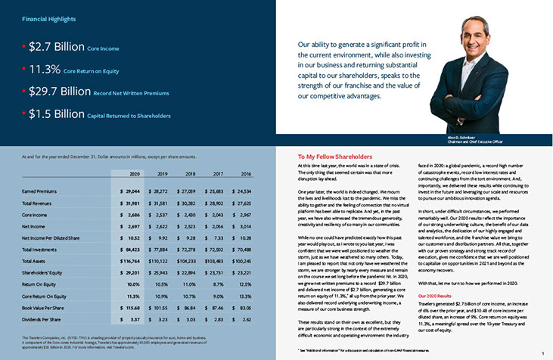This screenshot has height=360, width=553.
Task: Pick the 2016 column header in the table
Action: tap(245, 174)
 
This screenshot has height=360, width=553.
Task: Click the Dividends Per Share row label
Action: tap(42, 319)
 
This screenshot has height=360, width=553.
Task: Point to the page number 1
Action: tap(543, 353)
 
